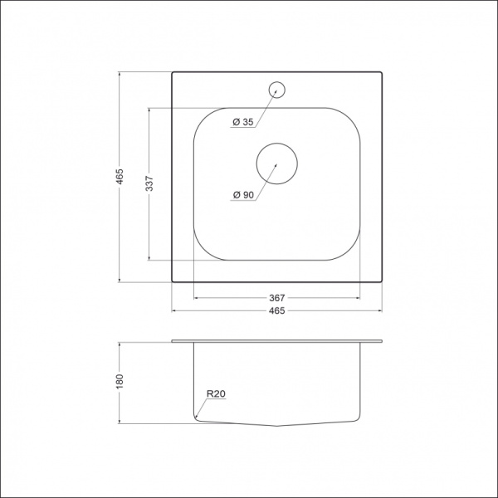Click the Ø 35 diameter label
pos(242,123)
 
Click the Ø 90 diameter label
pos(243,194)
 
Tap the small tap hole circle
pos(277,87)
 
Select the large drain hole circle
pos(276,162)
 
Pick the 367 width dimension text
pos(277,297)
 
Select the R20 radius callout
pos(217,396)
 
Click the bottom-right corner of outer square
pos(383,283)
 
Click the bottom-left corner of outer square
pos(173,283)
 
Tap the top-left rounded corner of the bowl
pos(204,117)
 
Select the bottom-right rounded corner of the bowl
pos(350,250)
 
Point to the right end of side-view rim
pos(383,340)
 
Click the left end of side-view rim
pos(173,340)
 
